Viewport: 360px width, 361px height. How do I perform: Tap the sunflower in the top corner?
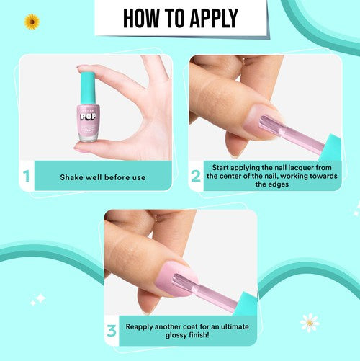(x=32, y=22)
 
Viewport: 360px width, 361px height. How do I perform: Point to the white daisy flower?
(x=310, y=321)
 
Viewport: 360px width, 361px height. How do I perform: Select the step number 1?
(x=25, y=176)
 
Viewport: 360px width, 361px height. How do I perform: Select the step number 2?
(x=196, y=176)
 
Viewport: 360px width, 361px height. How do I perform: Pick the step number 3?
(x=112, y=330)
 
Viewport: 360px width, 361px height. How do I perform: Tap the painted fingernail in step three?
(x=173, y=275)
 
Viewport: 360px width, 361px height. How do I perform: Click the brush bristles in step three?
(x=193, y=279)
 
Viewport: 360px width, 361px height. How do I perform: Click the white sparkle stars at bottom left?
(x=37, y=298)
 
